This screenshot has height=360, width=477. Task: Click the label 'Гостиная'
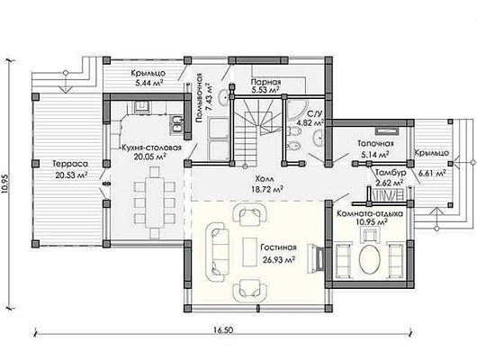278,247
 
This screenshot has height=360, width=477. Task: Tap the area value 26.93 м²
278,259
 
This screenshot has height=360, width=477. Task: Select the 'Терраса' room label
70,164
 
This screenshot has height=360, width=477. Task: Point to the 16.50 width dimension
223,330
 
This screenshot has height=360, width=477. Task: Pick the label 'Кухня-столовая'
151,148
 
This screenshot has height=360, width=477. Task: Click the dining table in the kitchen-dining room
155,202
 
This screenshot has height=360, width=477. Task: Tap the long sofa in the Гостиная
217,251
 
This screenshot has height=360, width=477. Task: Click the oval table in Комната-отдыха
370,259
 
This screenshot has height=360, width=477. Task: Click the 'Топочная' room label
375,143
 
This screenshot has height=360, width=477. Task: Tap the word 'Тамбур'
391,173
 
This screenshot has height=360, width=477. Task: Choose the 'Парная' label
265,82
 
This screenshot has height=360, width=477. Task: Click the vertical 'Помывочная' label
199,98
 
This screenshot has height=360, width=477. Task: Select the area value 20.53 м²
72,175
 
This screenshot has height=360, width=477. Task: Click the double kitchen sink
176,124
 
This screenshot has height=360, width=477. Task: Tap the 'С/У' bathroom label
314,113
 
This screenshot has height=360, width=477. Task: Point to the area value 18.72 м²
267,189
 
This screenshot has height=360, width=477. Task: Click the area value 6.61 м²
432,174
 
